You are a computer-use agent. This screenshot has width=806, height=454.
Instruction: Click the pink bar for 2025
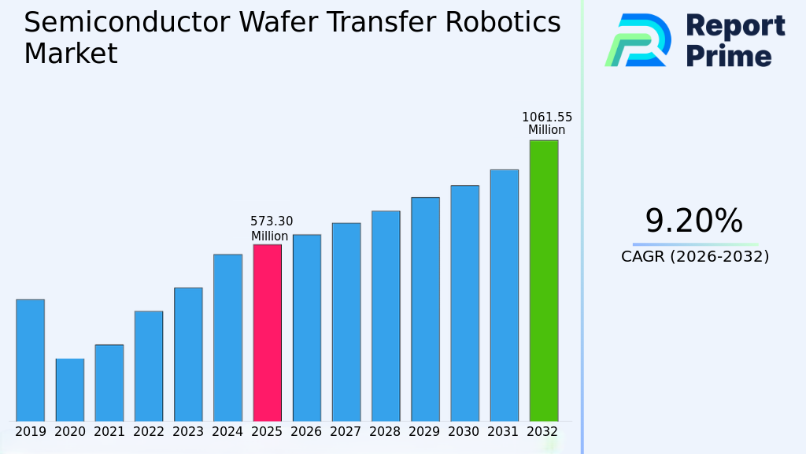tap(267, 333)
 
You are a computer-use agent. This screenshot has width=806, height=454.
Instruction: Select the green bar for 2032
tap(543, 281)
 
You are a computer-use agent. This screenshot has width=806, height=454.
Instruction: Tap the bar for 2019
tap(30, 360)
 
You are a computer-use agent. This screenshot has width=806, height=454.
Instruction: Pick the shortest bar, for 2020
tap(69, 390)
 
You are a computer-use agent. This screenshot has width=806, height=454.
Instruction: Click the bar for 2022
tap(148, 366)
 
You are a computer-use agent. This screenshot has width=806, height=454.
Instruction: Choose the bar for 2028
tap(386, 316)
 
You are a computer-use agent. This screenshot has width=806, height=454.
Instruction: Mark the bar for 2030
tap(464, 303)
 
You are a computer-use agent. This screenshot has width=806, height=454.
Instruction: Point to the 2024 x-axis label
tap(227, 432)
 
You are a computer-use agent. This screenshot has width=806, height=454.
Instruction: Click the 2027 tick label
tap(346, 432)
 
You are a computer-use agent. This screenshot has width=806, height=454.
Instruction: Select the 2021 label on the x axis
tap(109, 432)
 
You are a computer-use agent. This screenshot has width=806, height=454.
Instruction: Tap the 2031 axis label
tap(504, 432)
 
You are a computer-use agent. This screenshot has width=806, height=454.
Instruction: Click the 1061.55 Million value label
tap(547, 124)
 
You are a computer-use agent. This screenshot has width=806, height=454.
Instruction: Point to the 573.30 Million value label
tap(271, 229)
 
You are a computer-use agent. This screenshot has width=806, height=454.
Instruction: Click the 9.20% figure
tap(693, 221)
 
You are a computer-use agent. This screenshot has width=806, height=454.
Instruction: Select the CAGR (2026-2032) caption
tap(695, 257)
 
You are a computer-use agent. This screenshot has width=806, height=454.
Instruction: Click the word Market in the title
tap(70, 54)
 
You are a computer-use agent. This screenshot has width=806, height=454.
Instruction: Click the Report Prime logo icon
tap(638, 40)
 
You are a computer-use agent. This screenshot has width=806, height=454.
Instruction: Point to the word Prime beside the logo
tap(729, 56)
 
